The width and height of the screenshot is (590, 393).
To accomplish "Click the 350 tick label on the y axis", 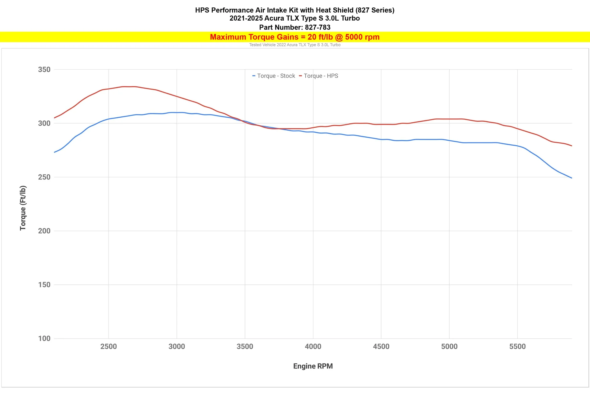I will coord(44,70).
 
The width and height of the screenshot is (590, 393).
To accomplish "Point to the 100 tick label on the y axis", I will coord(44,338).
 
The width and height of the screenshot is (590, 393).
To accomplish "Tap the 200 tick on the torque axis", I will coord(44,231).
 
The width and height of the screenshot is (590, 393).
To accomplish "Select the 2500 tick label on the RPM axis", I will coord(109,346).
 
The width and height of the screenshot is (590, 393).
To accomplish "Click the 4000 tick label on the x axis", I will coord(313,346).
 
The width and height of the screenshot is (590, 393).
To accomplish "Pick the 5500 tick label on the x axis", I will coord(517,346).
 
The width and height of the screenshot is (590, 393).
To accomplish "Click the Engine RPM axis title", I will coord(313,366).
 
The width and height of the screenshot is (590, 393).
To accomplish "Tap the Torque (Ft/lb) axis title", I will coord(23,208).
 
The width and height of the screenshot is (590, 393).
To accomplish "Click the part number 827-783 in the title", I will coord(317,27).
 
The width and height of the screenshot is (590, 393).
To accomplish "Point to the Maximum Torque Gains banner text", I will coord(294,37).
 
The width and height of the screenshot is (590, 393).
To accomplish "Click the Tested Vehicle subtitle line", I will coord(294,45).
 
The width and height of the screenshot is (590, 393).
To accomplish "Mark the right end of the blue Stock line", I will coord(572,178).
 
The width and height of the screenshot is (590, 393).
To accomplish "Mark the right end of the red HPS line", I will coord(572,146).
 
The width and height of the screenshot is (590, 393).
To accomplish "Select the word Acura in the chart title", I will coord(274,18).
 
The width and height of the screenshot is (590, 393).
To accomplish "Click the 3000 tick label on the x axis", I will coord(177,346).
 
